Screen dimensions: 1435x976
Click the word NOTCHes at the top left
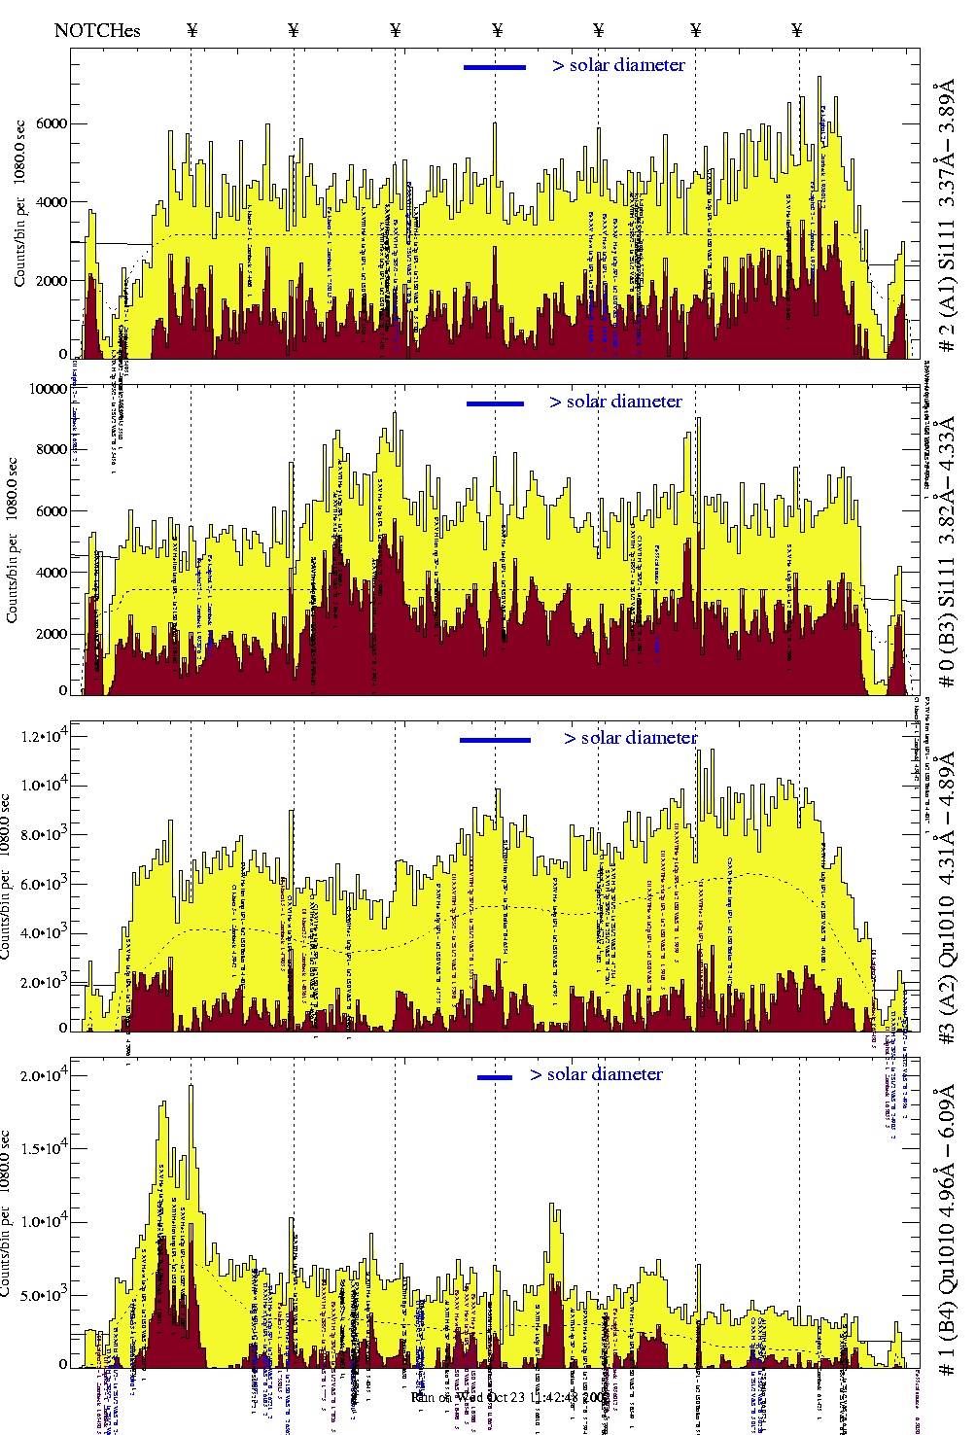point(97,30)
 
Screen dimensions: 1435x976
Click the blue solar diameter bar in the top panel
point(495,67)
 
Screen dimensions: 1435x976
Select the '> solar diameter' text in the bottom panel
point(596,1074)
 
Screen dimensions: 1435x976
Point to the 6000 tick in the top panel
point(50,123)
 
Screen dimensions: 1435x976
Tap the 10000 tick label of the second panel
point(49,389)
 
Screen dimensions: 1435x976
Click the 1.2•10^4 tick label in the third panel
point(43,736)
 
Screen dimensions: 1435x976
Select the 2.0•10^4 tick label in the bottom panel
point(43,1075)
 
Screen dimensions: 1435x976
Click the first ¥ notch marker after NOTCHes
point(192,30)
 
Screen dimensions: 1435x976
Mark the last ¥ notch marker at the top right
point(797,30)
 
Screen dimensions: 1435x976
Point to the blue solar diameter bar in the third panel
point(495,740)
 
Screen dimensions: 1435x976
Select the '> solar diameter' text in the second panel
point(615,402)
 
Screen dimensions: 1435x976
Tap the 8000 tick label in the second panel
point(50,449)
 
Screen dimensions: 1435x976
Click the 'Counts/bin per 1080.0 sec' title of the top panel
point(19,203)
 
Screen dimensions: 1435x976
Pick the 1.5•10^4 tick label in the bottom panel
point(43,1148)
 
